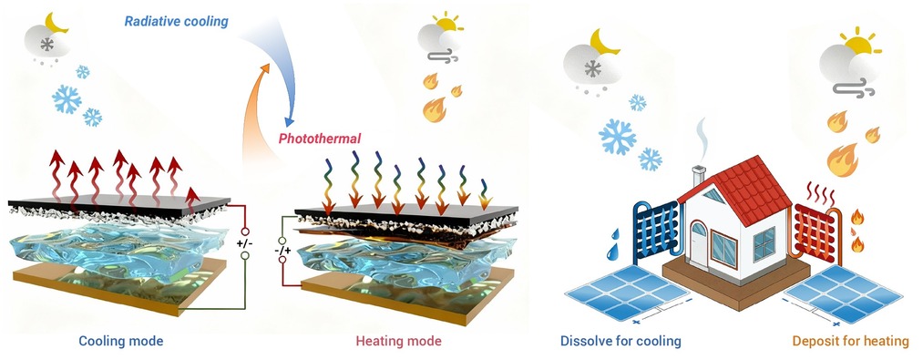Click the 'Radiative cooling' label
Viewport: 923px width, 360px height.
[176, 22]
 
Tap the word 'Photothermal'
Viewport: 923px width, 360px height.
[320, 139]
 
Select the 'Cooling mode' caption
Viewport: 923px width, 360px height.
[120, 341]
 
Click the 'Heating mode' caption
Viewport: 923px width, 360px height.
[398, 341]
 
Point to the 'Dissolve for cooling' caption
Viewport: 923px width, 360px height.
[620, 341]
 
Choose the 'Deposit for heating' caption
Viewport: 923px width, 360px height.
[851, 341]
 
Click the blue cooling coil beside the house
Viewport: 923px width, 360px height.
[656, 231]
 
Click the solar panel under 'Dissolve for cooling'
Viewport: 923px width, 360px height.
[626, 293]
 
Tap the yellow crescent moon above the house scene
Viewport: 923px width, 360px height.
[603, 43]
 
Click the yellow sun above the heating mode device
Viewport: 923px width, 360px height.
[446, 23]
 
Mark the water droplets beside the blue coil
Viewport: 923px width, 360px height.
[614, 244]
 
